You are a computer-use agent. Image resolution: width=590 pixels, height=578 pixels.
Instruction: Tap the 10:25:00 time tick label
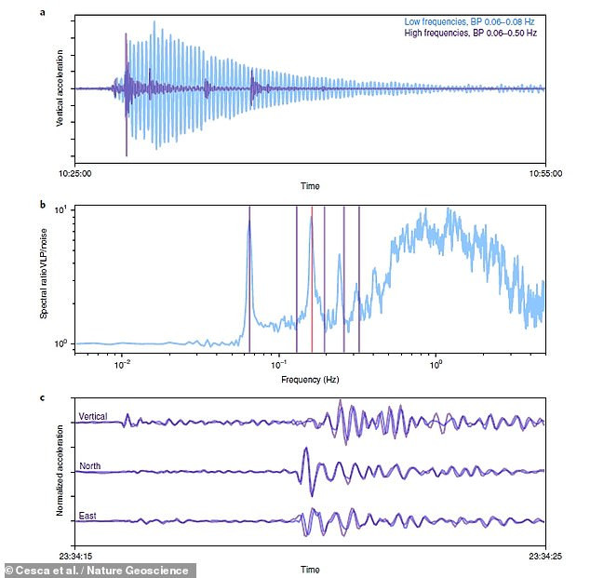pos(75,171)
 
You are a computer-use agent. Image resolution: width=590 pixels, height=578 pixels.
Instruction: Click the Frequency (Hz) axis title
pos(310,380)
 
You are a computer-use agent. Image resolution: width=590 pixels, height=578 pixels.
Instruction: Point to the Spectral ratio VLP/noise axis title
pos(44,274)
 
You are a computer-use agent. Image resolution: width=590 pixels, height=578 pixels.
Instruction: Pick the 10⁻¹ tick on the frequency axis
pos(277,365)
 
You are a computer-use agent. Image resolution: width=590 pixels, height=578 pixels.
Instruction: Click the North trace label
pos(90,465)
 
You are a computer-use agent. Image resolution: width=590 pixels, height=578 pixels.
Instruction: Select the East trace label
pos(88,513)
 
